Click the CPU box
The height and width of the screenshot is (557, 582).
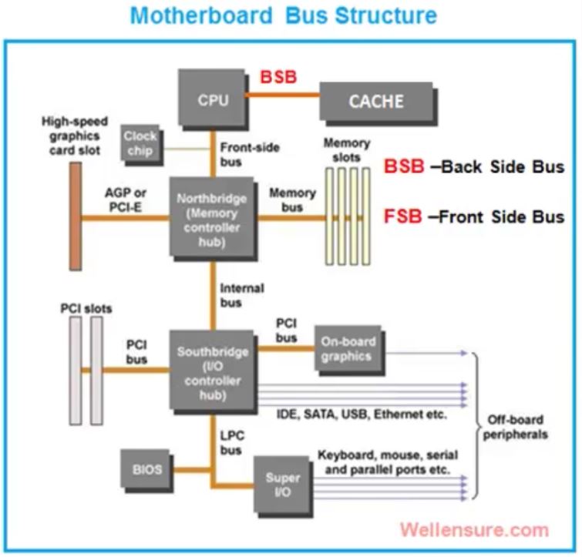pyautogui.click(x=212, y=99)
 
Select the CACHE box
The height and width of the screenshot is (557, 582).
pyautogui.click(x=375, y=101)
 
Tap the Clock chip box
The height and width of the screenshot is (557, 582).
pyautogui.click(x=140, y=143)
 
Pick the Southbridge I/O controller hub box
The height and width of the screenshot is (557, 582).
pyautogui.click(x=212, y=374)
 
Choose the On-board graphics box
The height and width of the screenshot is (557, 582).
pyautogui.click(x=347, y=349)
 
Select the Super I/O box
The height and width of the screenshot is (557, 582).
pyautogui.click(x=283, y=485)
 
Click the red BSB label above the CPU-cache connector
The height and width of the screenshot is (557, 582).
pyautogui.click(x=278, y=78)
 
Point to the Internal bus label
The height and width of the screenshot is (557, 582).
pyautogui.click(x=241, y=295)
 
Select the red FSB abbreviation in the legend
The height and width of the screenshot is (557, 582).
pyautogui.click(x=402, y=217)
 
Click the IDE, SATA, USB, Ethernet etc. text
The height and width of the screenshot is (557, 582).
pyautogui.click(x=361, y=414)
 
